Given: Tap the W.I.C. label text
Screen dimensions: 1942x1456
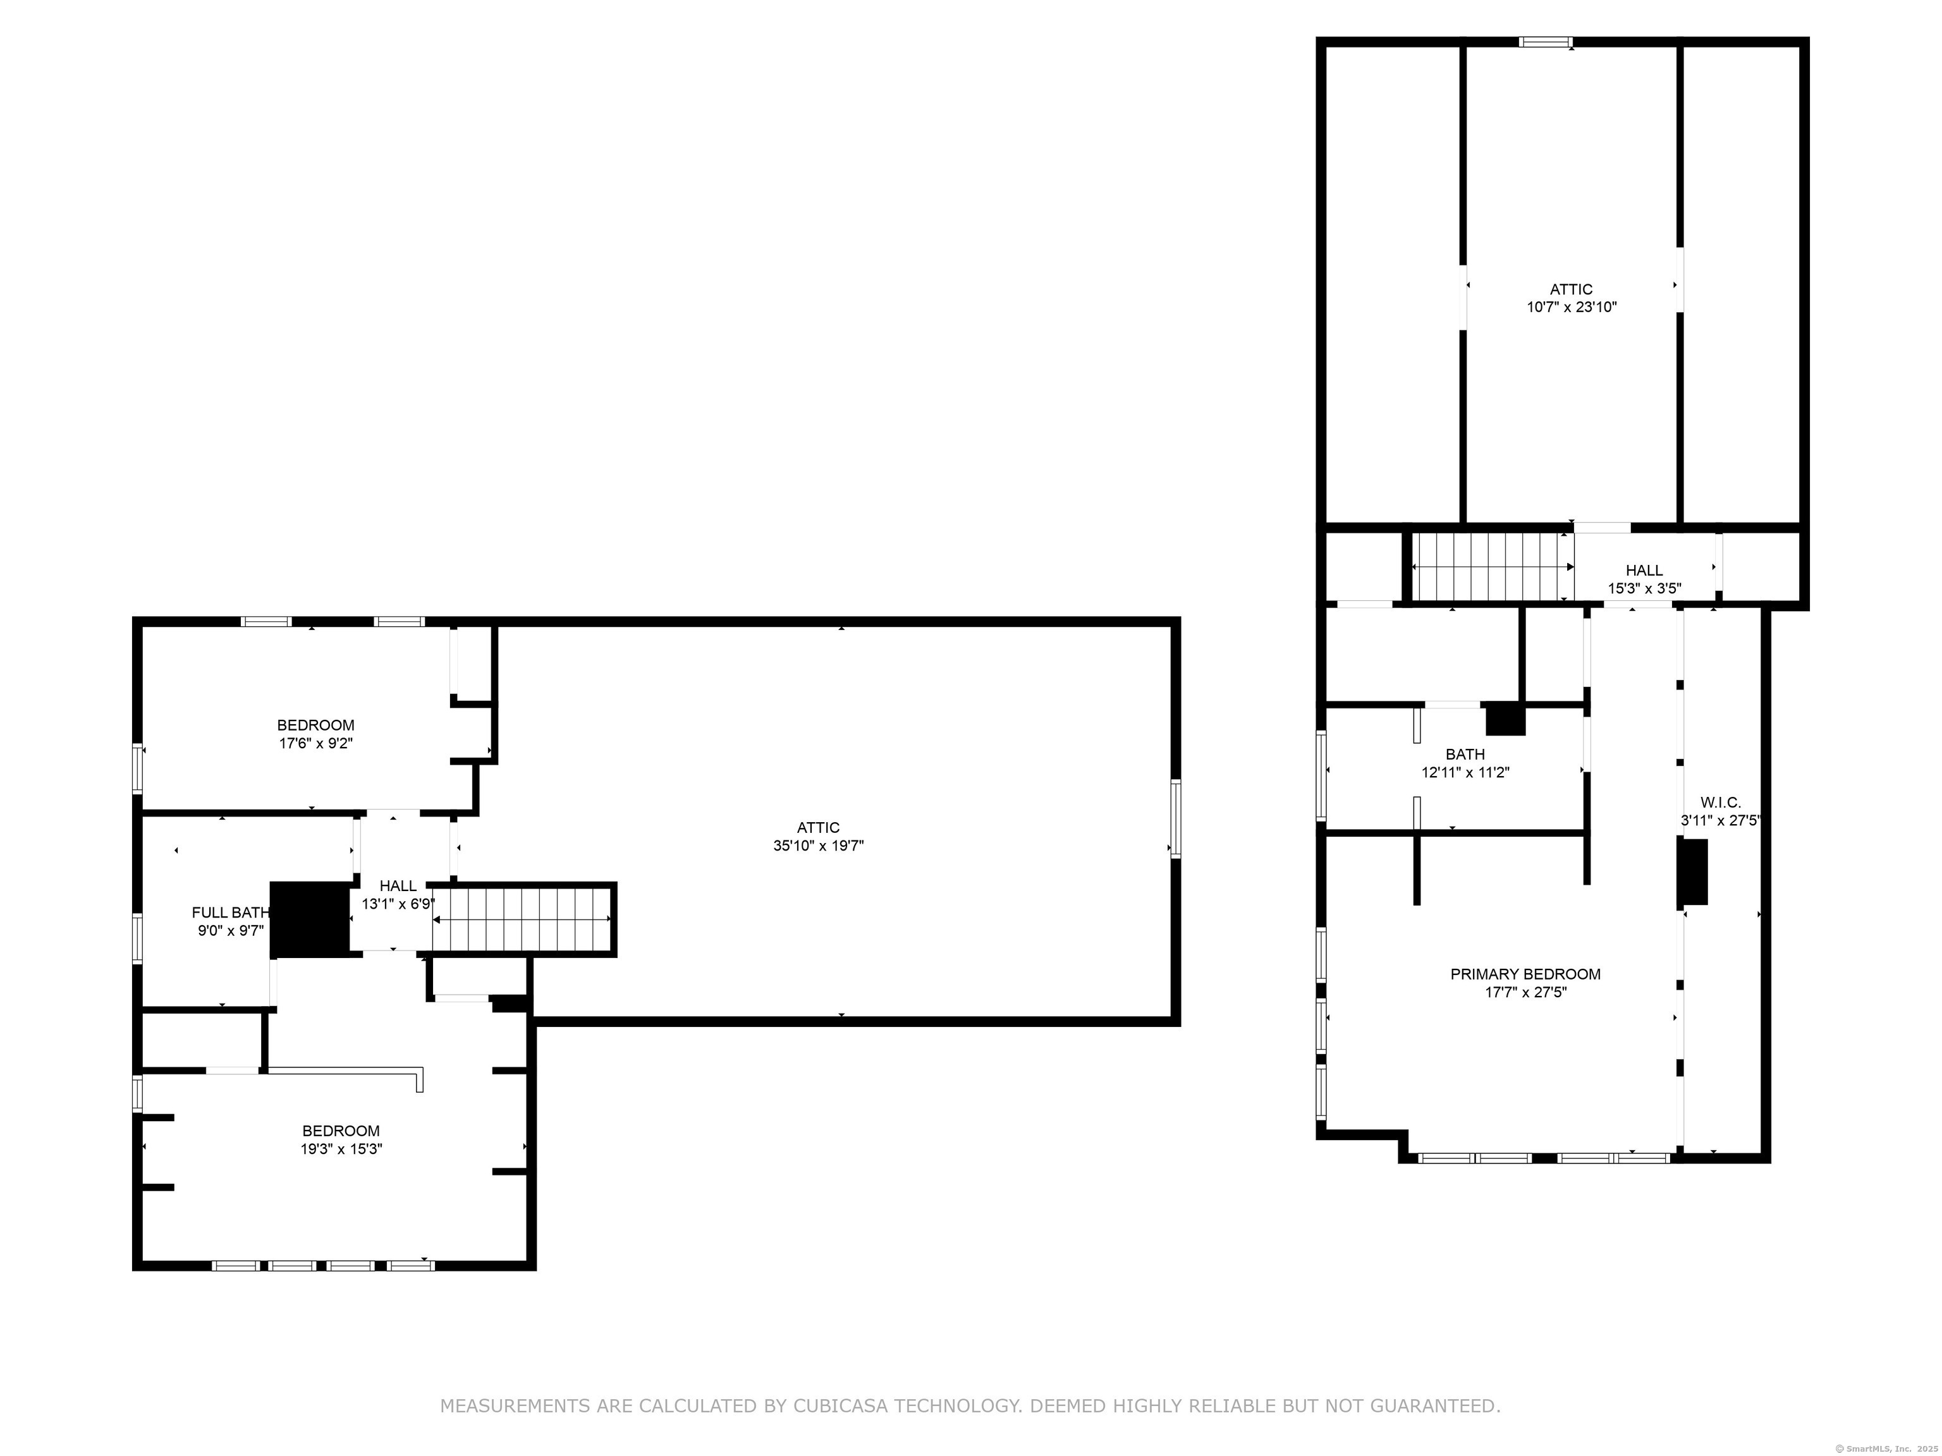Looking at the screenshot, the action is click(x=1721, y=802).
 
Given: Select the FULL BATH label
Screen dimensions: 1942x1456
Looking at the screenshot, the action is click(x=231, y=913).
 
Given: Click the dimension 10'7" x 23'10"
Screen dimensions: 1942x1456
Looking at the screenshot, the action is click(x=1572, y=307).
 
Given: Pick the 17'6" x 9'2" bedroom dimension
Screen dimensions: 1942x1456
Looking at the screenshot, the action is click(x=316, y=743).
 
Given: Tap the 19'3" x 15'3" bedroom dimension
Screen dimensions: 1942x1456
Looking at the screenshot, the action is click(x=341, y=1149).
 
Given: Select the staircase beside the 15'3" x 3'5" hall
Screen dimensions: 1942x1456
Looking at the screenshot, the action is click(x=1492, y=567).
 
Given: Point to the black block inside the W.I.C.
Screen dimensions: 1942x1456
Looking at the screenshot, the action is click(x=1693, y=871).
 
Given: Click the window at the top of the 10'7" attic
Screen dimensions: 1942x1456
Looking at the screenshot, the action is click(x=1546, y=41).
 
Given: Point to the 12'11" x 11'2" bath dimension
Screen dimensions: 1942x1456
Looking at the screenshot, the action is click(x=1465, y=772).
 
